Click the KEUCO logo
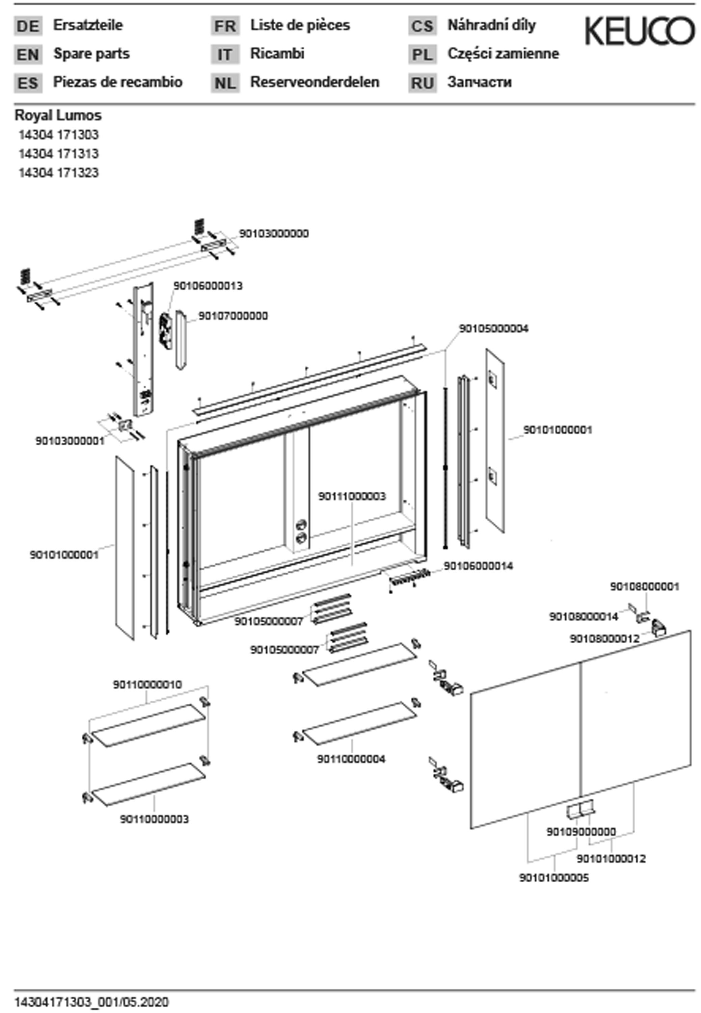639,31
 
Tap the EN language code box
28,54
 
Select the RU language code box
422,83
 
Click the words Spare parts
91,54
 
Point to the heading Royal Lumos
58,115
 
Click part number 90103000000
274,233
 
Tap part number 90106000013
208,286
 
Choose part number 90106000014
478,566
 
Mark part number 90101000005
554,878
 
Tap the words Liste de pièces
300,25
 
